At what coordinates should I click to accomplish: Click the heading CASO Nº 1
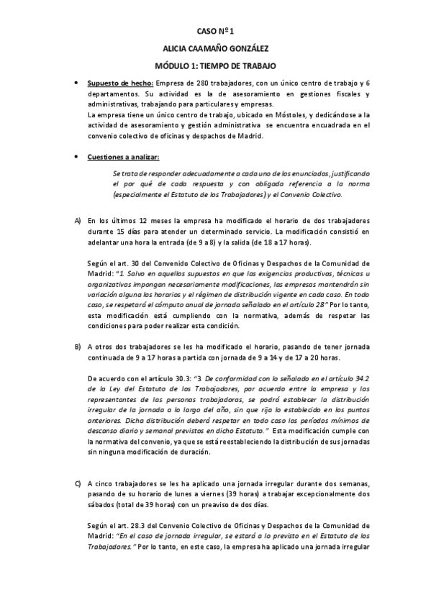pos(215,32)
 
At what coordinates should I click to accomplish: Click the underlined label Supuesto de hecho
pos(119,83)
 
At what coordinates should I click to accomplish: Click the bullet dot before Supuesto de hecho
pos(77,83)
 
